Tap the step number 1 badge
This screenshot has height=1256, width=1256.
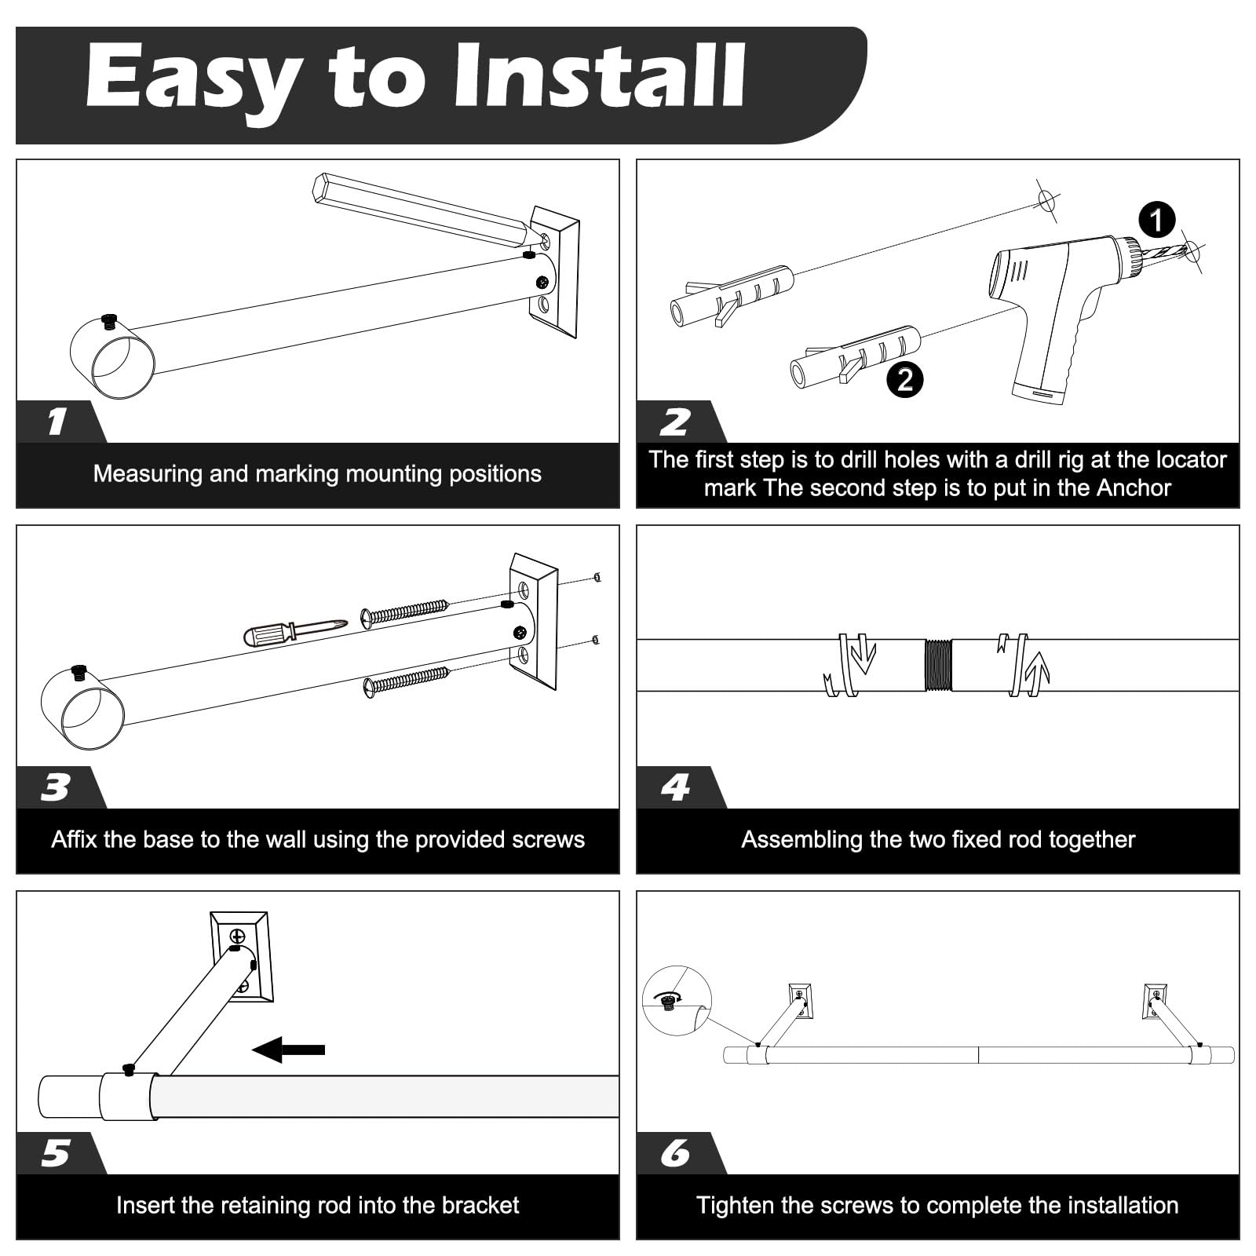tap(57, 422)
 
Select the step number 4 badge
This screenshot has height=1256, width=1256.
tap(676, 787)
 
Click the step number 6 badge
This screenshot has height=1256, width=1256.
tap(676, 1153)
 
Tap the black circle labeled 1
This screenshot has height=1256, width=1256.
tap(1156, 220)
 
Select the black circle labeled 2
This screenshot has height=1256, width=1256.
tap(904, 380)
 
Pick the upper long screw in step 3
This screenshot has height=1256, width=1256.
tap(404, 612)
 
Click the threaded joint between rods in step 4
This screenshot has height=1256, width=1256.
tap(938, 665)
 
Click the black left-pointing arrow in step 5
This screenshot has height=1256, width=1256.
tap(289, 1050)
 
